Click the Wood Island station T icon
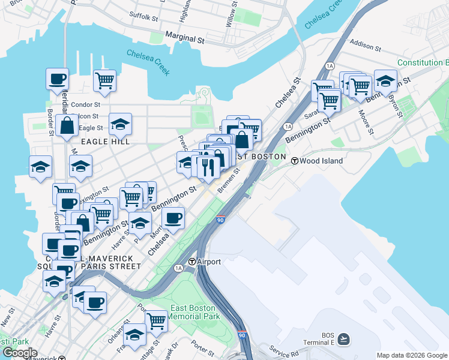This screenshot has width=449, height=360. click(295, 161)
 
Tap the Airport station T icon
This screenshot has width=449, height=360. click(192, 262)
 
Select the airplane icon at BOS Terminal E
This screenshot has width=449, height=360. click(343, 339)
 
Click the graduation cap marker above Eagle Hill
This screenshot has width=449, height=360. click(120, 124)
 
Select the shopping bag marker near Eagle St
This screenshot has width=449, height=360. click(67, 126)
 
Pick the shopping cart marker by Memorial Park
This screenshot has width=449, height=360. click(155, 320)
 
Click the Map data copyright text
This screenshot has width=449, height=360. click(411, 355)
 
